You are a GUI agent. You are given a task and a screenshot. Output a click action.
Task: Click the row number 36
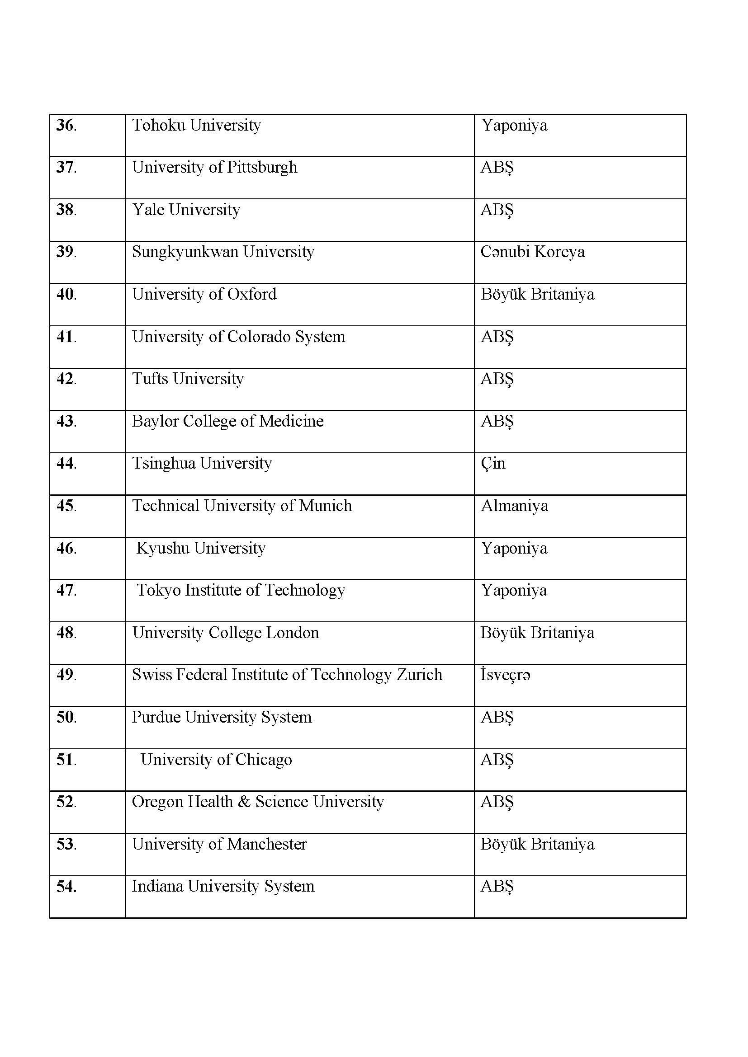(66, 125)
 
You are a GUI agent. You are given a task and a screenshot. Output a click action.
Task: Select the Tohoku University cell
(196, 125)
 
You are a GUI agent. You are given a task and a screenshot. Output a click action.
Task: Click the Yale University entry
(186, 210)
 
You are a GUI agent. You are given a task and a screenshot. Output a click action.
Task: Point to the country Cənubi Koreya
(532, 252)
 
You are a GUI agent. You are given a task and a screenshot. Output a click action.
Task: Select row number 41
(66, 337)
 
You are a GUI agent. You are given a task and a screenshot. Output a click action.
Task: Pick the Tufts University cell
(188, 379)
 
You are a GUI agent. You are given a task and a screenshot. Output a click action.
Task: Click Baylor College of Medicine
(227, 421)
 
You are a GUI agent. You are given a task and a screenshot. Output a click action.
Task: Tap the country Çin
(493, 464)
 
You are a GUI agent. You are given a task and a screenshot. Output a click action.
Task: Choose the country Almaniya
(515, 506)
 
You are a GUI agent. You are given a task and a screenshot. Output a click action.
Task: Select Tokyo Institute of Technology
(241, 591)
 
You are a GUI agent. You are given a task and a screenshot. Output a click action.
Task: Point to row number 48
(66, 633)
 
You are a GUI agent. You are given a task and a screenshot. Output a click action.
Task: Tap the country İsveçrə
(505, 675)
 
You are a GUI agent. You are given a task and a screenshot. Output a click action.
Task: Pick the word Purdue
(156, 717)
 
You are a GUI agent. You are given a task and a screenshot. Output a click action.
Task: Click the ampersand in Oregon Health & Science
(244, 802)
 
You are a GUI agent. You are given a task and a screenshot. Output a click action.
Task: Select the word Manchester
(267, 844)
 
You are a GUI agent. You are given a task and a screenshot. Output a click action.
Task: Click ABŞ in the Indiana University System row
(497, 887)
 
